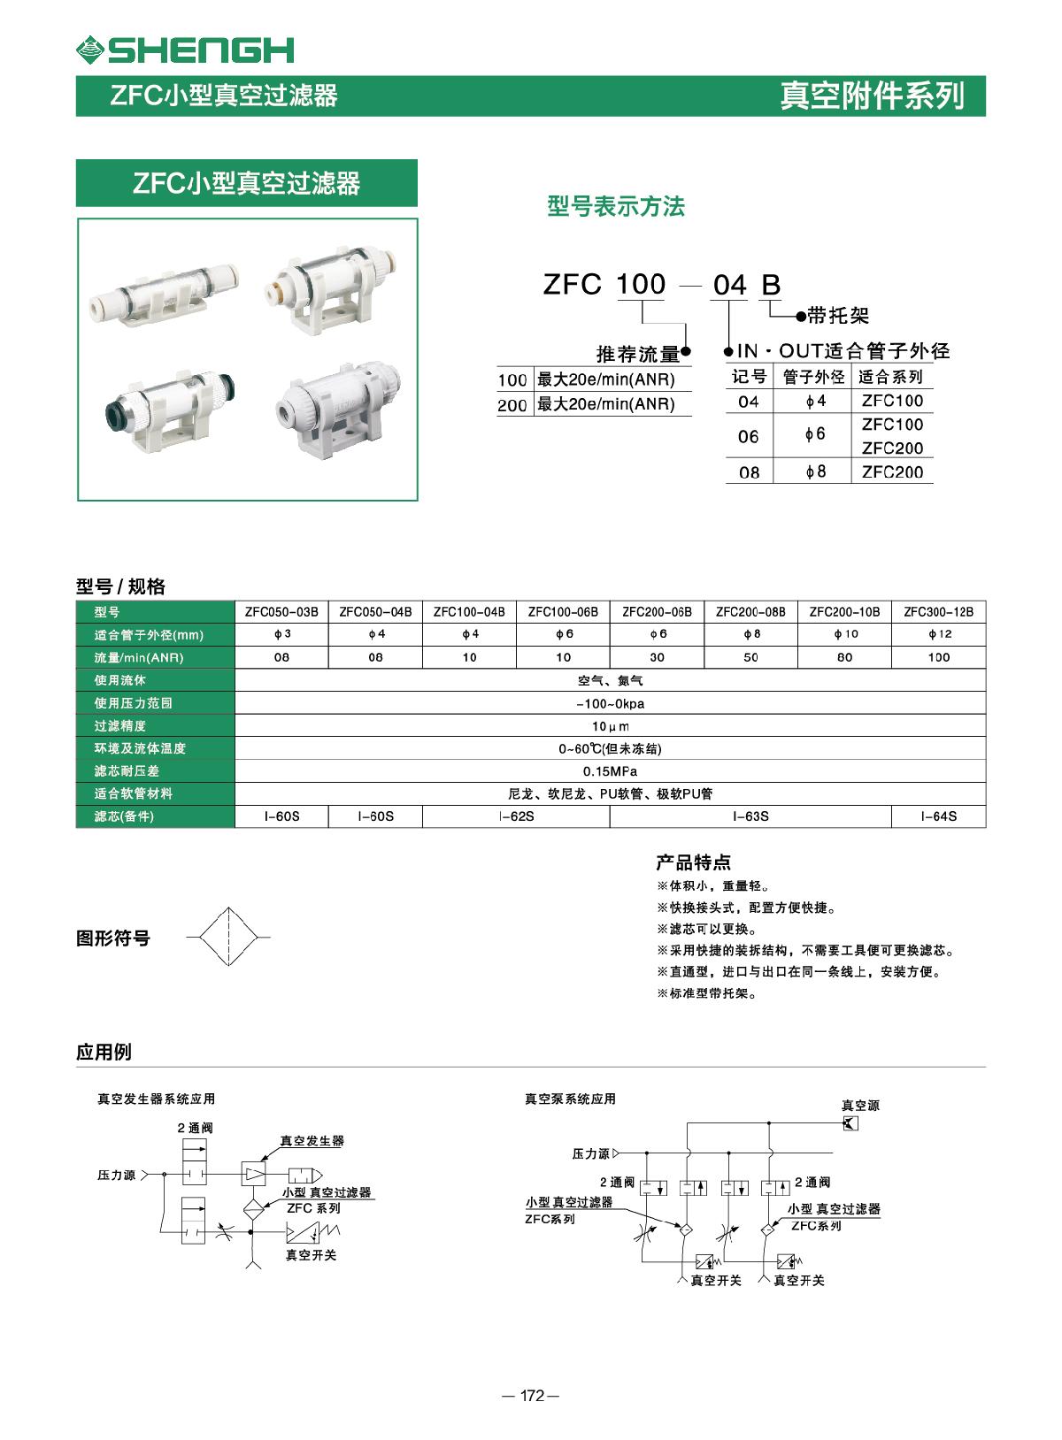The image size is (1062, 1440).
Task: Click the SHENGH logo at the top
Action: tap(185, 50)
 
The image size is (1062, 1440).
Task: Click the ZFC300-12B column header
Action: tap(938, 611)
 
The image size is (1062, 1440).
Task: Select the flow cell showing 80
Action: tap(844, 657)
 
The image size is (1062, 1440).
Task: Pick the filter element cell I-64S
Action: tap(938, 816)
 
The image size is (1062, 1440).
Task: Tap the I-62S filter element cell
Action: tap(516, 816)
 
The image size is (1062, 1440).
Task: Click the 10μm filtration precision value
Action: tap(610, 726)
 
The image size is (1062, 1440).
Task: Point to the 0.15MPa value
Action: tap(610, 771)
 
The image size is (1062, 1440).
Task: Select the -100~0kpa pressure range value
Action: tap(610, 703)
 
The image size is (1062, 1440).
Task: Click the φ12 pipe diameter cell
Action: tap(938, 634)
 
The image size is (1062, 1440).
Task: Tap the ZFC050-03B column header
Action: tap(281, 611)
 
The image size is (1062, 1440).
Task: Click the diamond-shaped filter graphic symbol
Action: tap(227, 937)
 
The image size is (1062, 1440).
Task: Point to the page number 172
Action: tap(531, 1396)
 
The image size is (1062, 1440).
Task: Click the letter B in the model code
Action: tap(771, 285)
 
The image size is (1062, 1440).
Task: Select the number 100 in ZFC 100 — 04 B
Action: tap(640, 284)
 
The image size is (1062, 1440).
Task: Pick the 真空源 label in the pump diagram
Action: tap(860, 1105)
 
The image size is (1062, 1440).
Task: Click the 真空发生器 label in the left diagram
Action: tap(312, 1141)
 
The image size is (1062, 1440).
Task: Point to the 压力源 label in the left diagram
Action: tap(116, 1175)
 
